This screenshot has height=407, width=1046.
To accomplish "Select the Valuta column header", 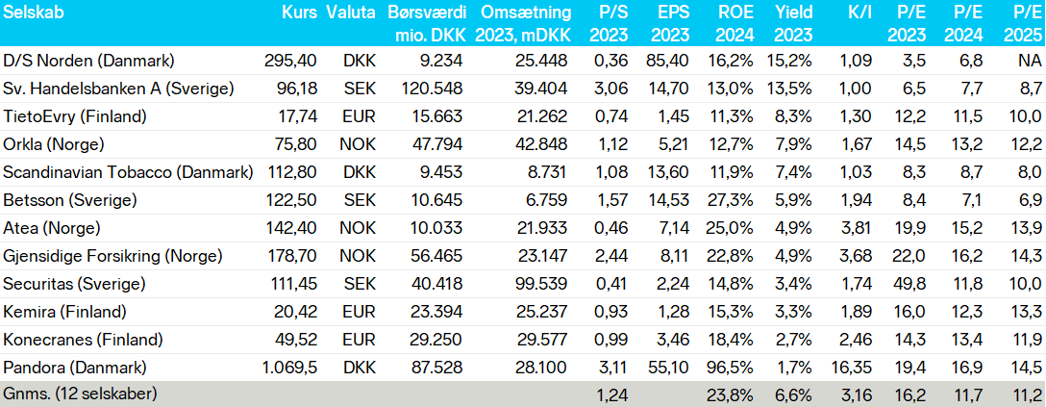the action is click(x=351, y=13).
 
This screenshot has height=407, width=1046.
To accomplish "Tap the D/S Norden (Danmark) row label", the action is click(x=88, y=61).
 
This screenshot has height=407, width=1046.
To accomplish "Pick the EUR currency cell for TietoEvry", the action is click(x=360, y=116).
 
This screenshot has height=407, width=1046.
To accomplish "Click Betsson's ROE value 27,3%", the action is click(x=731, y=201).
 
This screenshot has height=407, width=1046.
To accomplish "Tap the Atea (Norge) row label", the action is click(x=52, y=228).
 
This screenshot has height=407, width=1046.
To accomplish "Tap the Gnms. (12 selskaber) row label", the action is click(x=80, y=394).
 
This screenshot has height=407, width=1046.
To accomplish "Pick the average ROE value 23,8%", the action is click(x=731, y=394).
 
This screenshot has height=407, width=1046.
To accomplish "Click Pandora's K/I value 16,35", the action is click(x=852, y=369).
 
